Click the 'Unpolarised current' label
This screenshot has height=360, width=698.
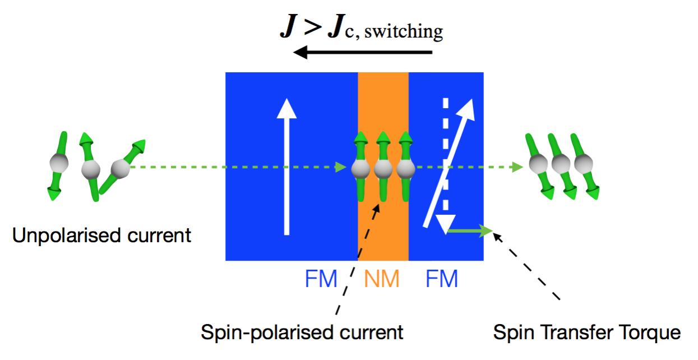coord(101,236)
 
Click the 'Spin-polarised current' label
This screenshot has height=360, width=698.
coord(302,333)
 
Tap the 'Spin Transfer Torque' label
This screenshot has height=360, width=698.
coord(587,333)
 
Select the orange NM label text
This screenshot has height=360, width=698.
coord(381,279)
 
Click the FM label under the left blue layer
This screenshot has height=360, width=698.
coord(321,279)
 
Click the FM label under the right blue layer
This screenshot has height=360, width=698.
coord(442,279)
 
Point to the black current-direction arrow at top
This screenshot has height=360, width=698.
coord(363,52)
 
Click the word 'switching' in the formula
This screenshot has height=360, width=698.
coord(404,32)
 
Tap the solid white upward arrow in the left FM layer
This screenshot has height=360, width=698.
coord(286,167)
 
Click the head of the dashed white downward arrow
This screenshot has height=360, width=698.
coord(446,224)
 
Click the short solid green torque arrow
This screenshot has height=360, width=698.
coord(470,231)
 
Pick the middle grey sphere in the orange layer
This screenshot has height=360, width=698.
coord(383,169)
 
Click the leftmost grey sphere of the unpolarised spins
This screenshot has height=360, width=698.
coord(59,163)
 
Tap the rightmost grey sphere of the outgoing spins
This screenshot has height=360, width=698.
coord(584,164)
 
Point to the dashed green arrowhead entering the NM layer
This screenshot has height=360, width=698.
coord(340,167)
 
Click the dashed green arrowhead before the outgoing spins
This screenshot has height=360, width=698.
coord(517,167)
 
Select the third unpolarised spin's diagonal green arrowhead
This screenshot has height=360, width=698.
coord(139,146)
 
